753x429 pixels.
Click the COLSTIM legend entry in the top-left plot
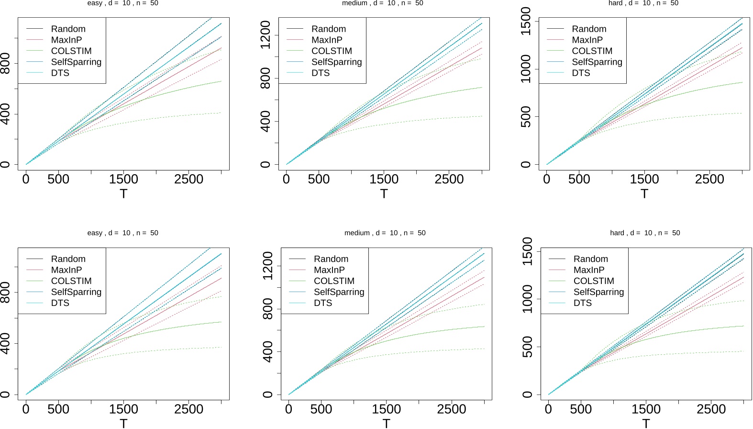[x=71, y=51]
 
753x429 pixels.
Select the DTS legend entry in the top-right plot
[x=581, y=73]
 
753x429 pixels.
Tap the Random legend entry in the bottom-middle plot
[x=331, y=259]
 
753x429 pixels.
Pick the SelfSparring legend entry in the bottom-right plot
[x=598, y=292]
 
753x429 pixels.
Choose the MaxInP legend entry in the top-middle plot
[x=327, y=40]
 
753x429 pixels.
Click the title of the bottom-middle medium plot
[x=385, y=233]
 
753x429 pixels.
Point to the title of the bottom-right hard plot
[x=645, y=233]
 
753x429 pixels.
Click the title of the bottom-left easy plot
[x=122, y=233]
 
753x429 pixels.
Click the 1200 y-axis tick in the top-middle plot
[x=265, y=34]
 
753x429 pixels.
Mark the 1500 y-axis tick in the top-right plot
[x=526, y=21]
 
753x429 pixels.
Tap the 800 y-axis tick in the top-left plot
[x=5, y=63]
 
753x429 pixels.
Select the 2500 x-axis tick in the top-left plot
[x=188, y=179]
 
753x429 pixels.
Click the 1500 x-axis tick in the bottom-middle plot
[x=386, y=409]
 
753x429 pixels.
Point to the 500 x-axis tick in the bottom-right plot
[x=581, y=409]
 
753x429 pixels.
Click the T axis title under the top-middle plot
[x=384, y=193]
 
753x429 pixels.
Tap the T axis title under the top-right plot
[x=644, y=193]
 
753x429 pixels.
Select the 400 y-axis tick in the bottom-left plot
[x=5, y=343]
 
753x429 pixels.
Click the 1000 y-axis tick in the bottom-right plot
[x=527, y=299]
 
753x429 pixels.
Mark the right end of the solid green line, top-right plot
[x=742, y=82]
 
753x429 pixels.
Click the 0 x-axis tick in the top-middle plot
[x=286, y=179]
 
